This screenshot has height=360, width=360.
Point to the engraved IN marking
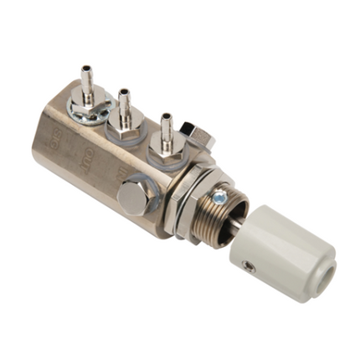tap(122, 173)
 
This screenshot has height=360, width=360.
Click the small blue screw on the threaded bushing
tap(220, 197)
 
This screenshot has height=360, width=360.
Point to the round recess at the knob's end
tap(322, 250)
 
